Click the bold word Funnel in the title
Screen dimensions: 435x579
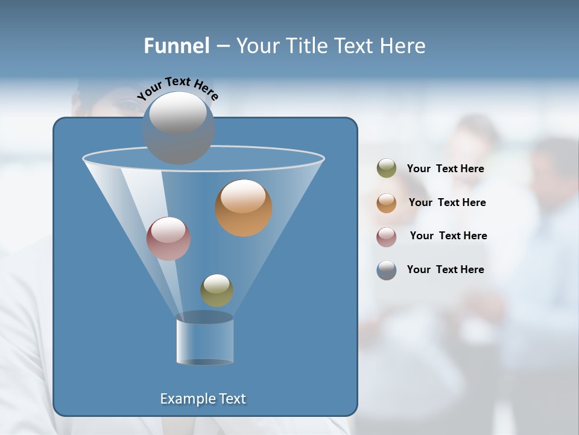177,46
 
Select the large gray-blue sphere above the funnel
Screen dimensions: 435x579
178,127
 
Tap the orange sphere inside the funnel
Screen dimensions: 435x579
244,208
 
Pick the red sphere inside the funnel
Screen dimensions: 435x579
169,239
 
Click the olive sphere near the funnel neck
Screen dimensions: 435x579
217,291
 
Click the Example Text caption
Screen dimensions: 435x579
203,399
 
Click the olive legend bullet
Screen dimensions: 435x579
387,169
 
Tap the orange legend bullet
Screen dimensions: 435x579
387,202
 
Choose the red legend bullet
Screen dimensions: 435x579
387,236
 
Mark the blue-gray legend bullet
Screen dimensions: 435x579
387,270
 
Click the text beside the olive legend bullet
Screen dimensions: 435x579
445,169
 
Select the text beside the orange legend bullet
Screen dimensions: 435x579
447,202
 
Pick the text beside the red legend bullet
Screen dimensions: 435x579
448,236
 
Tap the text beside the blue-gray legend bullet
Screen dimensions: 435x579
445,269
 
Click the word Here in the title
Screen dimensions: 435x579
403,46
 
